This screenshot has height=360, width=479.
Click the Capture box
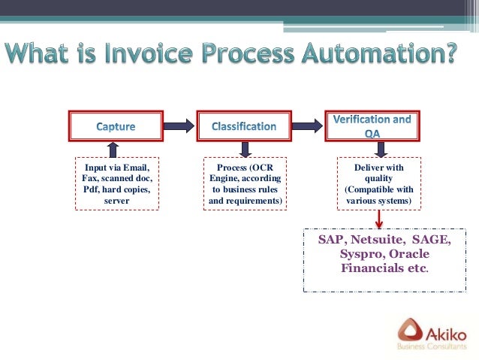[x=116, y=126]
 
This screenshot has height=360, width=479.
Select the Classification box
[x=243, y=126]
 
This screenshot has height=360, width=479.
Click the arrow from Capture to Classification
[x=179, y=126]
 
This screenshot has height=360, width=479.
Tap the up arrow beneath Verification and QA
[x=379, y=150]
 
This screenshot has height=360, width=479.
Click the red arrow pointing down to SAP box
[x=379, y=218]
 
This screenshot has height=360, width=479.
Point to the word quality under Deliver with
[x=378, y=179]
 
